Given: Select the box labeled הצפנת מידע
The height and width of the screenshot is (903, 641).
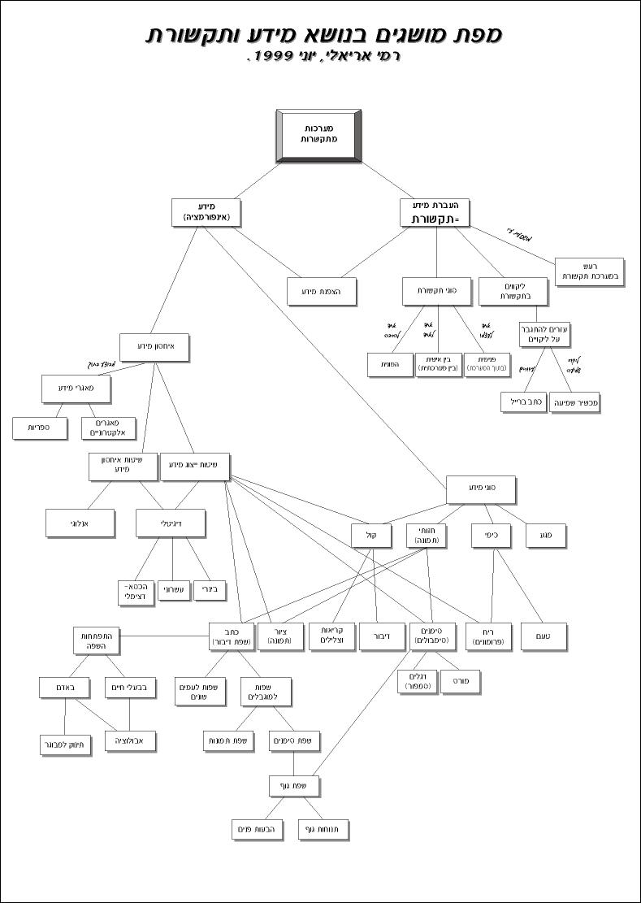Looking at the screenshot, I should coord(322,291).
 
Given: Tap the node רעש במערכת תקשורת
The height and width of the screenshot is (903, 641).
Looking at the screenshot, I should coord(589,271).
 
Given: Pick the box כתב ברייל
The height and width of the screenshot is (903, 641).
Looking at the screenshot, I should coord(523,402).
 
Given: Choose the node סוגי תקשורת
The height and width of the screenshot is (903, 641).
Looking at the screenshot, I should coord(437,291).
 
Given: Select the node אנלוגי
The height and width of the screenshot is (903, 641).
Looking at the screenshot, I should coord(80,524).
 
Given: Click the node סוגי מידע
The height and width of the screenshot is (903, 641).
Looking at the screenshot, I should coord(481,489).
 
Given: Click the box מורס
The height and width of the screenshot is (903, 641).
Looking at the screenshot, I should coord(461,681).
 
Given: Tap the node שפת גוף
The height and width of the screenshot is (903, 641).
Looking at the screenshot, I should coord(294,786).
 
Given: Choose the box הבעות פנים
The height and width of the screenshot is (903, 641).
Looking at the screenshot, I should coord(256,830).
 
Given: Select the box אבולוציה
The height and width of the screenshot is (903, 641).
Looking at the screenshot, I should coord(130,740).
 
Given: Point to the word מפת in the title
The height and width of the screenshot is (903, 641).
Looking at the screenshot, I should coord(478,34).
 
